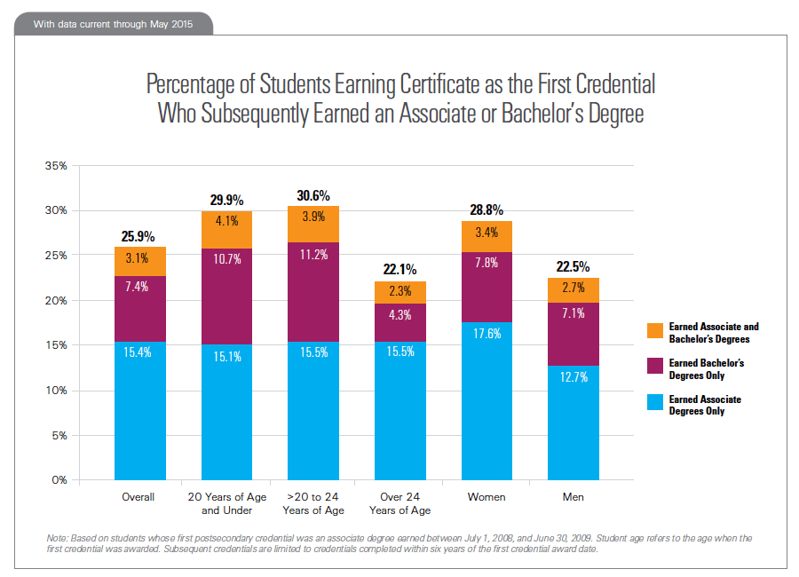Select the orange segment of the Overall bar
[139, 261]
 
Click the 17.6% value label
[487, 335]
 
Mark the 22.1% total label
[400, 269]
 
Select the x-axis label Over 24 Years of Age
[400, 503]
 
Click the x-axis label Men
[574, 497]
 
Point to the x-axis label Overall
[138, 497]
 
